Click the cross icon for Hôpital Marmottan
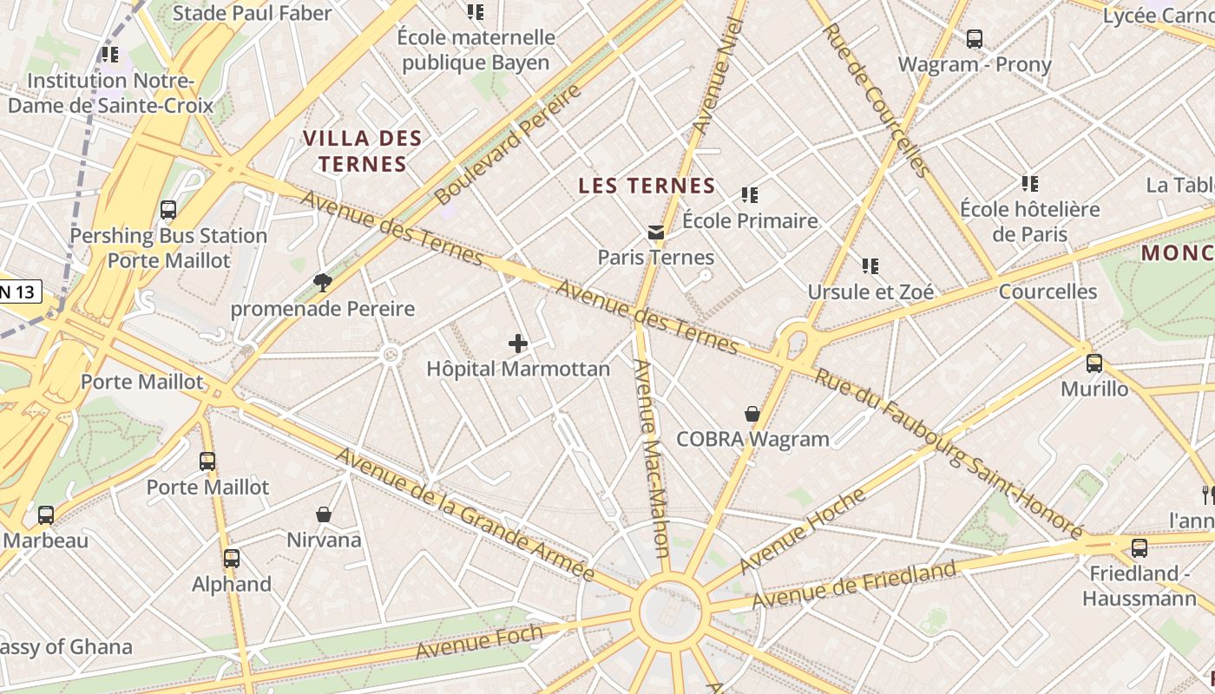[518, 344]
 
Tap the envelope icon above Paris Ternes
[655, 232]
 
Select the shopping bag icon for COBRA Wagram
[752, 415]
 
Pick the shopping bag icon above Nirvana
[324, 515]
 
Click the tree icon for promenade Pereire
[323, 282]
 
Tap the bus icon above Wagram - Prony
[975, 39]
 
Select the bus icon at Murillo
[1094, 363]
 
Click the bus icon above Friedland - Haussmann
[1139, 548]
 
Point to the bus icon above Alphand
[231, 559]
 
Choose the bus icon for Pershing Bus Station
[168, 210]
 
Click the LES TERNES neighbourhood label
[647, 186]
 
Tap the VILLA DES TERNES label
[363, 151]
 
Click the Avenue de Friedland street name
[854, 585]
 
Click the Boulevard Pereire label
[508, 145]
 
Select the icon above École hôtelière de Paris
[1030, 184]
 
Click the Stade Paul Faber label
[252, 13]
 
